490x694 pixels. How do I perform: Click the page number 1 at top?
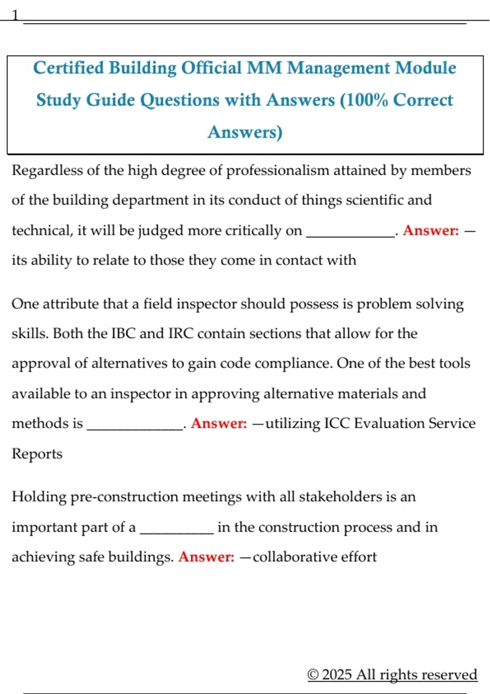15,16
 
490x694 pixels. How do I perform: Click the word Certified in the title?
69,68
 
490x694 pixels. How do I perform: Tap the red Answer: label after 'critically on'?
431,231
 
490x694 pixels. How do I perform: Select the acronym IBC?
123,334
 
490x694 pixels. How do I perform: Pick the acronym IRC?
181,334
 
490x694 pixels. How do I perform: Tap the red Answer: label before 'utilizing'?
219,423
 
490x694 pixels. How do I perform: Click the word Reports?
37,454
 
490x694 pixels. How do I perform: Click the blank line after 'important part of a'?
176,529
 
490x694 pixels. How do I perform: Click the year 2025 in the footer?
336,674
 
